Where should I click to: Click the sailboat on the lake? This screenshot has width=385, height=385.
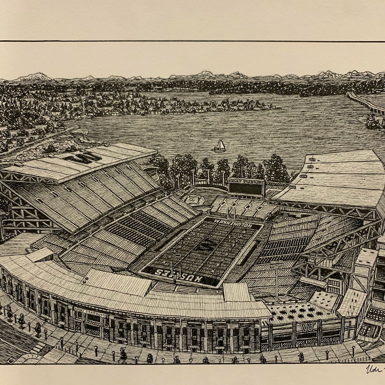[220, 146]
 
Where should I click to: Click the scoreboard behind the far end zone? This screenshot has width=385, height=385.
[246, 186]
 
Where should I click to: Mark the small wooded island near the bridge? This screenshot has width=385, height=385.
[372, 122]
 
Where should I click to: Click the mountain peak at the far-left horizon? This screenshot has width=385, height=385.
[36, 76]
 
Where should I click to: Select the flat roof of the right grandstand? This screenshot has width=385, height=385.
[337, 178]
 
